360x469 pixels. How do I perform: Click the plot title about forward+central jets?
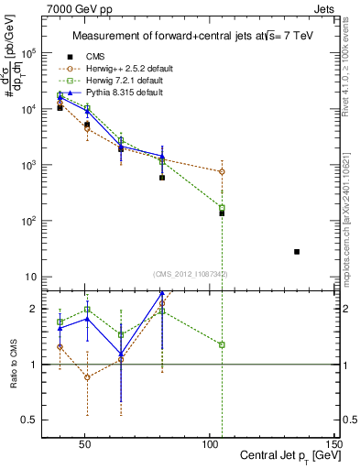[188, 36]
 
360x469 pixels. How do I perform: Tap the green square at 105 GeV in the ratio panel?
[222, 344]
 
